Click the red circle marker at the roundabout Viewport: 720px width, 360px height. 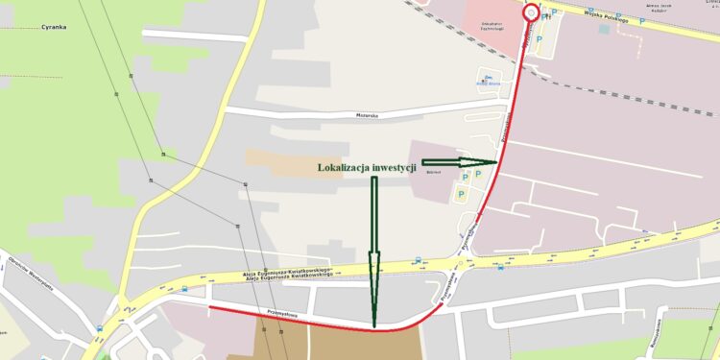[531, 13]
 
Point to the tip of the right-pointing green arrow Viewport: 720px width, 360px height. [497, 161]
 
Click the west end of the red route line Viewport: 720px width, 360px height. [210, 307]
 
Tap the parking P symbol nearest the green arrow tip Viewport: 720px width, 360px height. [477, 175]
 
